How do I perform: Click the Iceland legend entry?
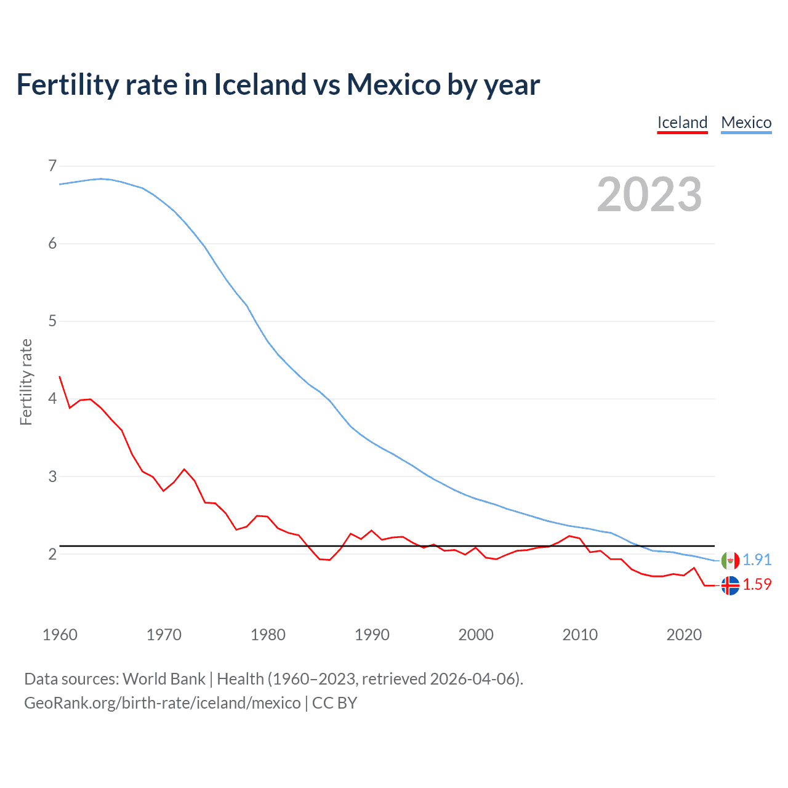682,123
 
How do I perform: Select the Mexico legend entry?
746,123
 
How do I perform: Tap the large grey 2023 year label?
649,195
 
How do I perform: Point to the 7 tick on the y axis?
52,166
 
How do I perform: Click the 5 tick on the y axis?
52,321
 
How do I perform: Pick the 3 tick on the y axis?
52,476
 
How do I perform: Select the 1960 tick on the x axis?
60,635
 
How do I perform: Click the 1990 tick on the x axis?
372,635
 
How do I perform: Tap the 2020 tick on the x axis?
684,635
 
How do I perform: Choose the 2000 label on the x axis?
476,635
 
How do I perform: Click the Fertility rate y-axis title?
26,382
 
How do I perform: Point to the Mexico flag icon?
730,560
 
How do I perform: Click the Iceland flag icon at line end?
730,585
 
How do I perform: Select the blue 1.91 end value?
757,560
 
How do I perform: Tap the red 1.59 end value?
757,584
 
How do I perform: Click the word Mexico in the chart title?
393,84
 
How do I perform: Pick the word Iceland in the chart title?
260,84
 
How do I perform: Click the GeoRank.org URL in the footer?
163,703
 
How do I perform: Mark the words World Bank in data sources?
164,679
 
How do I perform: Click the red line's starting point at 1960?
60,376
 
